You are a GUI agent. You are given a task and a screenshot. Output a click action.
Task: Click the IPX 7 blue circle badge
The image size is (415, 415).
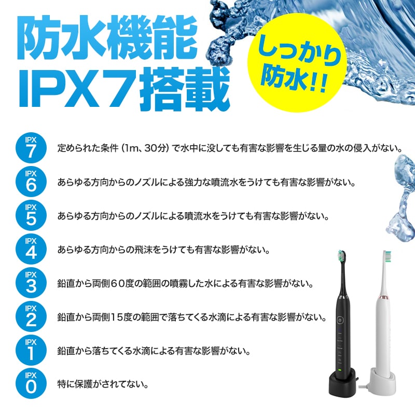pos(31,148)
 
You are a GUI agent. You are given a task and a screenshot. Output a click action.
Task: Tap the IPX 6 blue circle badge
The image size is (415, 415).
pos(31,182)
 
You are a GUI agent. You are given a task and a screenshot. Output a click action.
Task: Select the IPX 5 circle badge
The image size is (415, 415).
pos(31,215)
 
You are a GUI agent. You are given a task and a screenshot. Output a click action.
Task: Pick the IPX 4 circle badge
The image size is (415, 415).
pos(31,249)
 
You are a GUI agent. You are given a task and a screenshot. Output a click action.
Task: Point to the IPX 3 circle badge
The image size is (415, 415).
pos(31,283)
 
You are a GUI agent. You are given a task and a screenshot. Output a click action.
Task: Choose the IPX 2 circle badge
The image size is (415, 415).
pos(31,316)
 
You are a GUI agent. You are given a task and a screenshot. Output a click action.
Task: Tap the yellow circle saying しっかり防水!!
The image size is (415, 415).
pos(297,63)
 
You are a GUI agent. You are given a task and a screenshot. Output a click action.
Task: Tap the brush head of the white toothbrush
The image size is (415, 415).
pos(387,256)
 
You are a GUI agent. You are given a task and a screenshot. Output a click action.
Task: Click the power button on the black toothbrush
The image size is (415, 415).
pos(340,320)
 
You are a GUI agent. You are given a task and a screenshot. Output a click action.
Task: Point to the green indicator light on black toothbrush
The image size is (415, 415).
pos(340,370)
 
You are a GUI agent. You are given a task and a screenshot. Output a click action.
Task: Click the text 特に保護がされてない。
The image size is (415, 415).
pos(103,384)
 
